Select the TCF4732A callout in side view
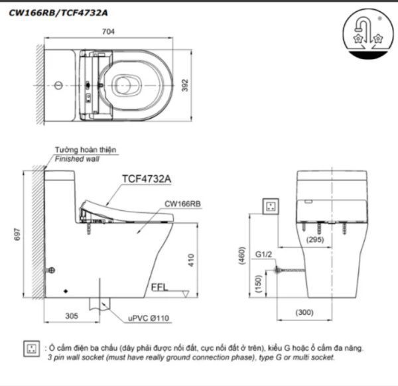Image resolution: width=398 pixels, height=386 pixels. [147, 178]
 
